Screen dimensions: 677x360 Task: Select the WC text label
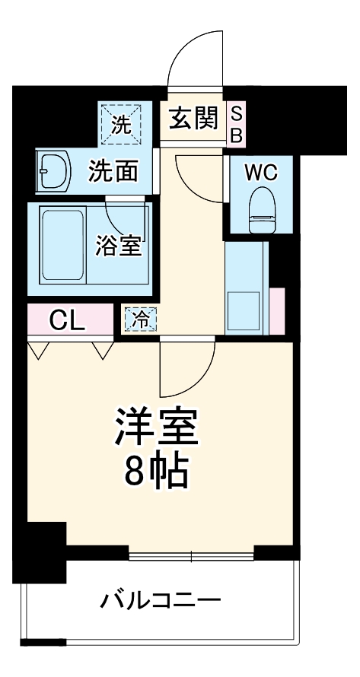(260, 172)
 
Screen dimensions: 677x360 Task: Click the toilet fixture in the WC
(261, 209)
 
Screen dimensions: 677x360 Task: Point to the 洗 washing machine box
(120, 123)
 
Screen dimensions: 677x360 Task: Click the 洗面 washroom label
(113, 171)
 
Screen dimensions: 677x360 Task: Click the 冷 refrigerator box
(140, 319)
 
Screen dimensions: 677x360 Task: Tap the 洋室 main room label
(157, 428)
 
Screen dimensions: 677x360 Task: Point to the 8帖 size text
(157, 472)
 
